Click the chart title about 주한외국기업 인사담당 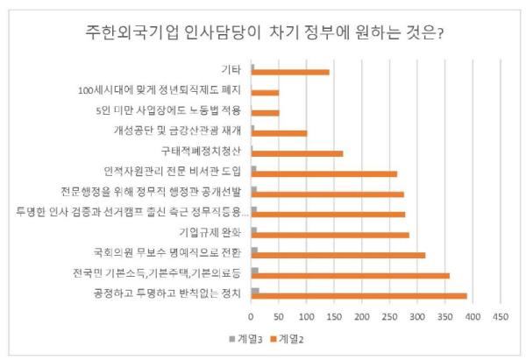click(x=262, y=33)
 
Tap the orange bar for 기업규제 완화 click(x=331, y=235)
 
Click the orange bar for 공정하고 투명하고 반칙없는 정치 click(x=359, y=296)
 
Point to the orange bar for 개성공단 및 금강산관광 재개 click(x=280, y=133)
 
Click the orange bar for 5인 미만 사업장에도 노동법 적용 click(x=266, y=112)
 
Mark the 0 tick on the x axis click(x=252, y=314)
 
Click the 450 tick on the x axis click(x=501, y=314)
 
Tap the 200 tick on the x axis click(x=362, y=314)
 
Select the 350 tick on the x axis click(x=445, y=314)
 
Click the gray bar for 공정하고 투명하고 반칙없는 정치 click(x=255, y=291)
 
